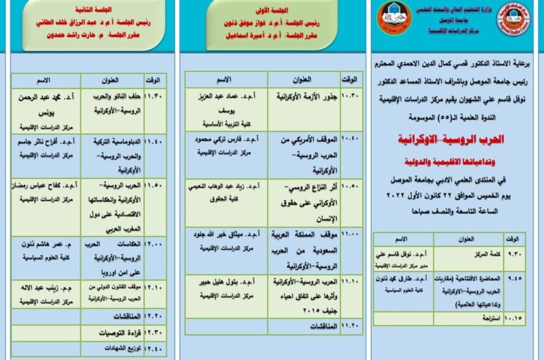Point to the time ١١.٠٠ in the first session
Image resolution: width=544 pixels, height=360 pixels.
[350, 234]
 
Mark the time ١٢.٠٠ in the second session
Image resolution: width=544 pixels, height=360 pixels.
[155, 245]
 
